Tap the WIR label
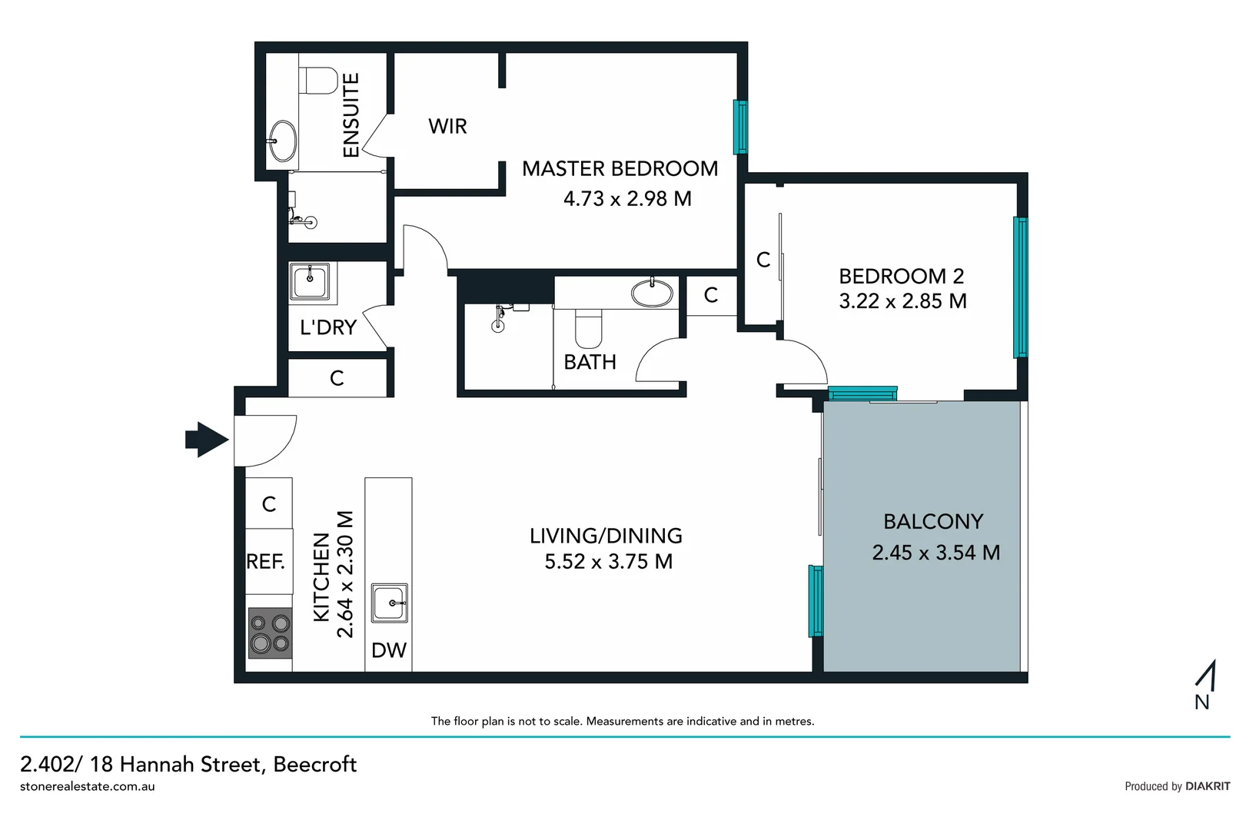coord(447,127)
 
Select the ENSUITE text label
coord(351,115)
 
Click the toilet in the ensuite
coord(319,80)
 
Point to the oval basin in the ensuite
coord(283,141)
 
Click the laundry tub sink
coord(310,282)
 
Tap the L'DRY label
coord(328,328)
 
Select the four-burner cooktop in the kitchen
coord(270,633)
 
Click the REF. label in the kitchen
coord(266,562)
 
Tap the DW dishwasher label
coord(388,651)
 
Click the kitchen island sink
coord(390,603)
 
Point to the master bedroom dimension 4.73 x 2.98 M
coord(627,199)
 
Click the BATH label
coord(590,362)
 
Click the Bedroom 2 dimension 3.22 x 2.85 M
coord(902,301)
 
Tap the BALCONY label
coord(933,522)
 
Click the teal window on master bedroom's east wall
coord(740,127)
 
